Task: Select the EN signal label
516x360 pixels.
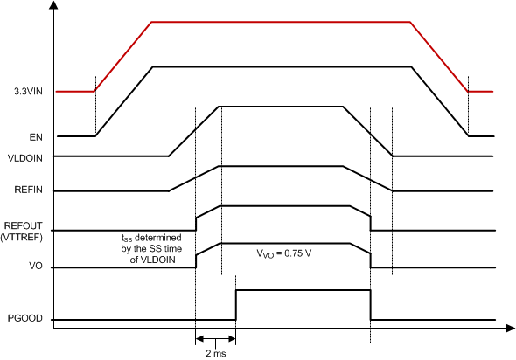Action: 36,136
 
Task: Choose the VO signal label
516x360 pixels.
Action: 36,267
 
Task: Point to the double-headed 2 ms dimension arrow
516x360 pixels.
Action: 215,338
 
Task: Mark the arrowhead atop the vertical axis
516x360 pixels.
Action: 55,7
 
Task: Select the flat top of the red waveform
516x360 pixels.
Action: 280,22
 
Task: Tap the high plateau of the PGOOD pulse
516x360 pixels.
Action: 303,290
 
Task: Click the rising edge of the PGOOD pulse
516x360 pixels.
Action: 235,304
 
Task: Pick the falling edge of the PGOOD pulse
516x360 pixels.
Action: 371,304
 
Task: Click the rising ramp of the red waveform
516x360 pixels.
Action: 123,56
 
